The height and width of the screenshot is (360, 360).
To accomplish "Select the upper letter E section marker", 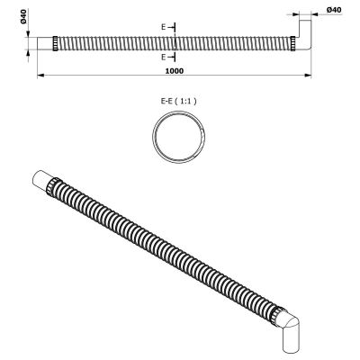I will click(x=163, y=28).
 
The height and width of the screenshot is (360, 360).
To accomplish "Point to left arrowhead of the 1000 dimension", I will click(x=40, y=75).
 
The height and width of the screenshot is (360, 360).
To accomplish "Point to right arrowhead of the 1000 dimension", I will click(x=300, y=75).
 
